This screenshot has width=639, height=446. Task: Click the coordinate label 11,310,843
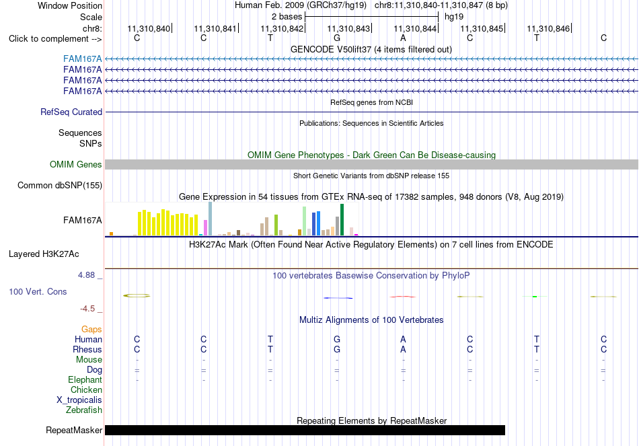click(348, 28)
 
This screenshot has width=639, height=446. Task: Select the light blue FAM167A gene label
click(82, 59)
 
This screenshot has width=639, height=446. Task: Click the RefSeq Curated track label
click(71, 112)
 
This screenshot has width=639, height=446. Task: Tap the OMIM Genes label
click(76, 164)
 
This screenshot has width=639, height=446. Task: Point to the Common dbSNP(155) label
click(60, 186)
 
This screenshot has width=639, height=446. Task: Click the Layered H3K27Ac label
click(44, 254)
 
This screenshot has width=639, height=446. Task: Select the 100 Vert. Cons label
click(38, 291)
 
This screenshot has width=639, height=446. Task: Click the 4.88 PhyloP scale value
click(86, 275)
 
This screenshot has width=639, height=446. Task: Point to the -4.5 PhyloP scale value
click(87, 309)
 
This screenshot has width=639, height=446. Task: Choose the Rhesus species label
click(87, 349)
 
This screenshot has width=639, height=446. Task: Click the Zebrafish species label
click(84, 410)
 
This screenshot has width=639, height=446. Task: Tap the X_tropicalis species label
click(79, 400)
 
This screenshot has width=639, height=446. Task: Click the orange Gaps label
click(91, 329)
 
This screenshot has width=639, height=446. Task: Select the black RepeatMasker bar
click(305, 430)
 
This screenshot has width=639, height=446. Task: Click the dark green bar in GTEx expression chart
click(342, 220)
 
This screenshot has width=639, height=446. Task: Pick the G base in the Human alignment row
click(336, 339)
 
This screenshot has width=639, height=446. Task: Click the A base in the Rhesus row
click(403, 349)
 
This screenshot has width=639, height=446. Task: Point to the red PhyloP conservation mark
click(403, 297)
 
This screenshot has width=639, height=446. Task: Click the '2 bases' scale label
click(287, 17)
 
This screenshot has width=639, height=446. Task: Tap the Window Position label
click(70, 5)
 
